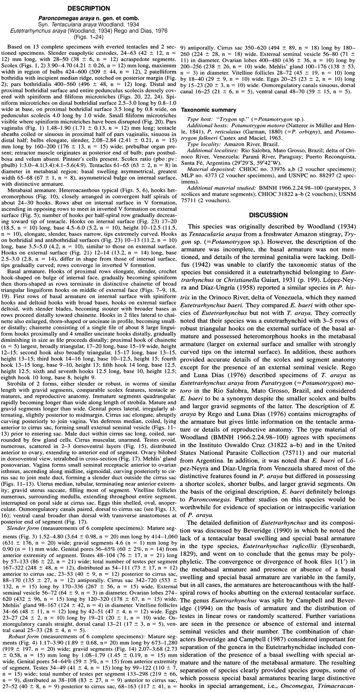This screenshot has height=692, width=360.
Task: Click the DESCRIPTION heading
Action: (89, 8)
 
